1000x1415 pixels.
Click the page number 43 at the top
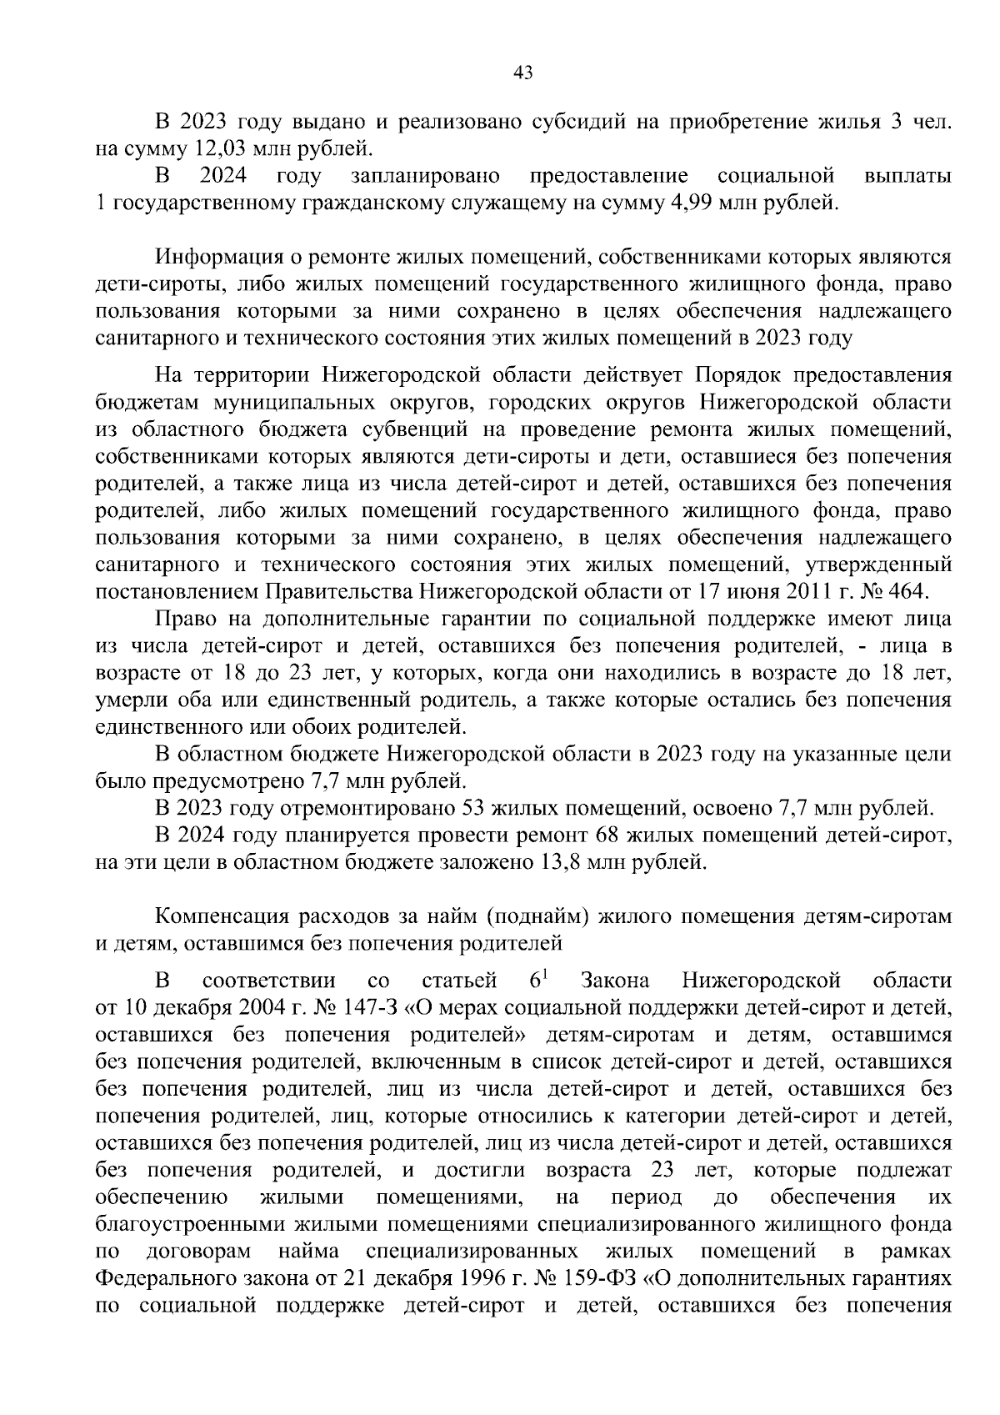pyautogui.click(x=522, y=73)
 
